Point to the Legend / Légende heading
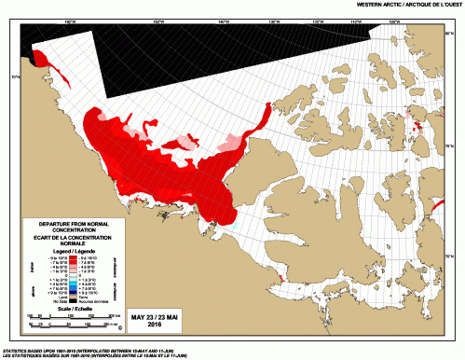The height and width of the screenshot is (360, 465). tap(74, 252)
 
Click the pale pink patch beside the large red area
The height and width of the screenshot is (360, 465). tap(227, 143)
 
